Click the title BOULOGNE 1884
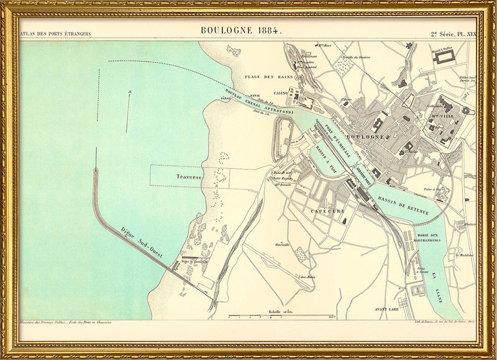click(x=242, y=30)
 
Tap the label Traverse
click(x=189, y=177)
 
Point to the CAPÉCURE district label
click(x=327, y=211)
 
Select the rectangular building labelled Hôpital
click(x=445, y=56)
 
